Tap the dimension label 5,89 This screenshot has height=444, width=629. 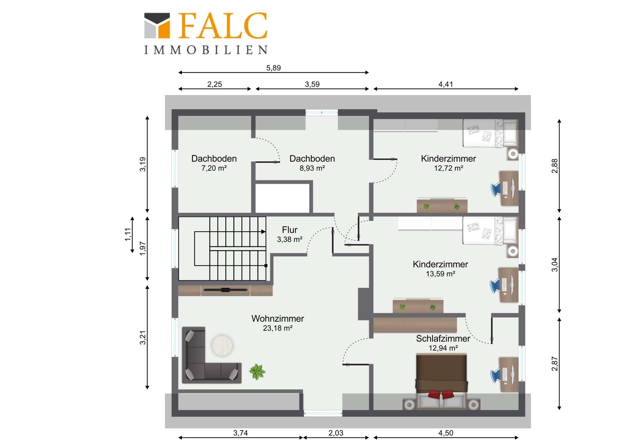click(x=274, y=68)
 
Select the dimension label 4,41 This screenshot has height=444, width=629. click(x=446, y=84)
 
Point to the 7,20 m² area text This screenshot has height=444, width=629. click(x=214, y=168)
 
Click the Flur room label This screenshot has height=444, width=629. click(x=290, y=230)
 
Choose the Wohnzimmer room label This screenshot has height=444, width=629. click(x=277, y=318)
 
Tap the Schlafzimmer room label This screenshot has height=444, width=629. click(x=443, y=338)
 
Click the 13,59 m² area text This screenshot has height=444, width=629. click(x=440, y=274)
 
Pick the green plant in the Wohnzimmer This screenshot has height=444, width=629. click(x=257, y=372)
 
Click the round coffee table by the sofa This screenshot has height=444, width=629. click(x=222, y=346)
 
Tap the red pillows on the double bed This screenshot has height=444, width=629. click(x=441, y=394)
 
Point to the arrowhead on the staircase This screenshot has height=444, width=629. click(x=264, y=232)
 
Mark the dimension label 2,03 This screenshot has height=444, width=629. click(x=336, y=433)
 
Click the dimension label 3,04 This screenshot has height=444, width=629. click(x=554, y=265)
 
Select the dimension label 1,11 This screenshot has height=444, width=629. click(x=128, y=235)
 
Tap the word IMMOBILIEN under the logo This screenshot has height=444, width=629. click(x=206, y=50)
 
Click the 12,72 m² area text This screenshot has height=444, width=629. click(x=448, y=168)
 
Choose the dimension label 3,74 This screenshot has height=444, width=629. click(x=240, y=433)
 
